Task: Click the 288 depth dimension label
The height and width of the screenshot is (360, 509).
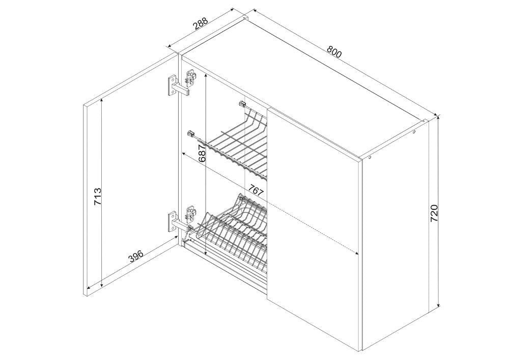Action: coord(200,25)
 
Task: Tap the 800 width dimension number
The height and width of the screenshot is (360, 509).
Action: coord(334,51)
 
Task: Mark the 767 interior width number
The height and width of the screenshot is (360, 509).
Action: coord(256,190)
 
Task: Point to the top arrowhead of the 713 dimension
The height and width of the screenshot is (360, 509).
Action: coord(102,100)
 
